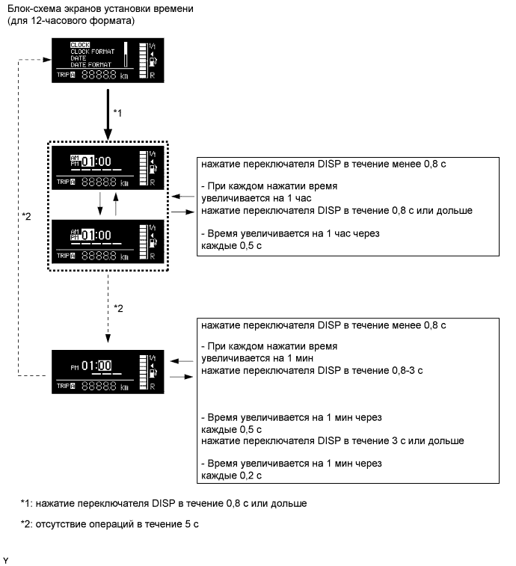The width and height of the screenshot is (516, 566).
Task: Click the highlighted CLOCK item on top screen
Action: (70, 44)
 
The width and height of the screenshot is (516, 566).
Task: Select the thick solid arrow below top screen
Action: (108, 112)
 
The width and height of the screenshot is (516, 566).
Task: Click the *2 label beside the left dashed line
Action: (27, 217)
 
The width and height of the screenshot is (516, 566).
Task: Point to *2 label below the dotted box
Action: (117, 307)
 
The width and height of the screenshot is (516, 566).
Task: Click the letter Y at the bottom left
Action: (6, 559)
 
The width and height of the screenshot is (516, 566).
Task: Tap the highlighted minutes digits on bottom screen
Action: (104, 366)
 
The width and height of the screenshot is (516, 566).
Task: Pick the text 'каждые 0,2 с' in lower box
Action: (232, 476)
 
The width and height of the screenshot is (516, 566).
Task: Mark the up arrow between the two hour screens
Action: (116, 204)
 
